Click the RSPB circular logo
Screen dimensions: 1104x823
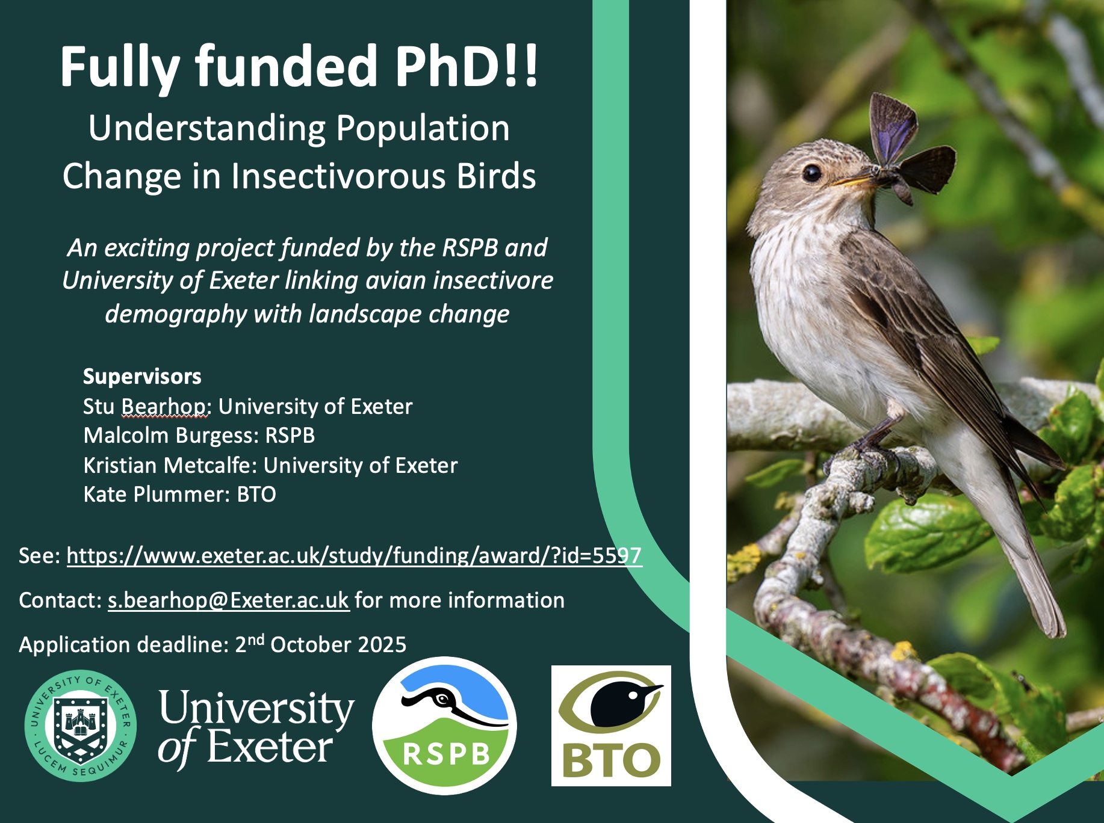click(x=444, y=726)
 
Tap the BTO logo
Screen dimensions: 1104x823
click(x=611, y=726)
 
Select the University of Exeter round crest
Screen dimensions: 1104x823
click(x=81, y=726)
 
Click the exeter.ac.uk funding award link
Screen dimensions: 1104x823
click(x=354, y=555)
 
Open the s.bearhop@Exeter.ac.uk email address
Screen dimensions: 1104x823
click(x=229, y=600)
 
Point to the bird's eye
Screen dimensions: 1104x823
click(x=811, y=173)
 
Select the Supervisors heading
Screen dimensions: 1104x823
click(x=142, y=377)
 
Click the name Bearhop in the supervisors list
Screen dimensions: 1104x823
click(x=166, y=407)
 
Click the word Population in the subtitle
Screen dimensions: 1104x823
click(x=423, y=129)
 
